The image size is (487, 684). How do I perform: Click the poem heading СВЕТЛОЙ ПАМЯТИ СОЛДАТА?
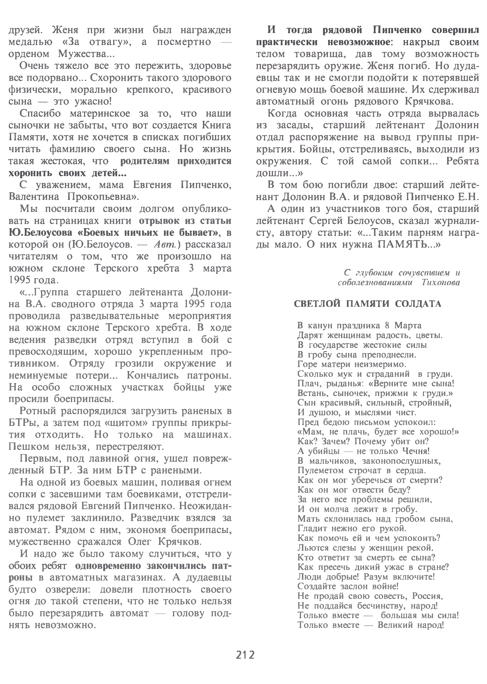coord(368,304)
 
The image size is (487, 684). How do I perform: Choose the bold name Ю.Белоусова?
coord(41,233)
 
